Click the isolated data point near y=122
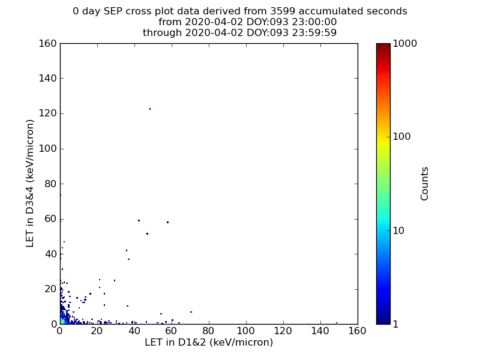(150, 109)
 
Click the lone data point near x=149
(337, 323)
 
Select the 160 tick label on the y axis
(48, 43)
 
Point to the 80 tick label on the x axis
(208, 331)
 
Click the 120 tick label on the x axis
(283, 331)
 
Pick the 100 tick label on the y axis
(48, 149)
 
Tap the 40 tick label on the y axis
(51, 254)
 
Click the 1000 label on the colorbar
(404, 43)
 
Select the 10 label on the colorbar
(398, 230)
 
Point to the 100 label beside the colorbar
(401, 137)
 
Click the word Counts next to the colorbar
(424, 184)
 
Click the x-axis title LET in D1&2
(209, 342)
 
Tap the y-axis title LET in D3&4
(29, 184)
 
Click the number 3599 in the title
(283, 11)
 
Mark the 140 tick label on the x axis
(320, 331)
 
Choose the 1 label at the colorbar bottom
(395, 324)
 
